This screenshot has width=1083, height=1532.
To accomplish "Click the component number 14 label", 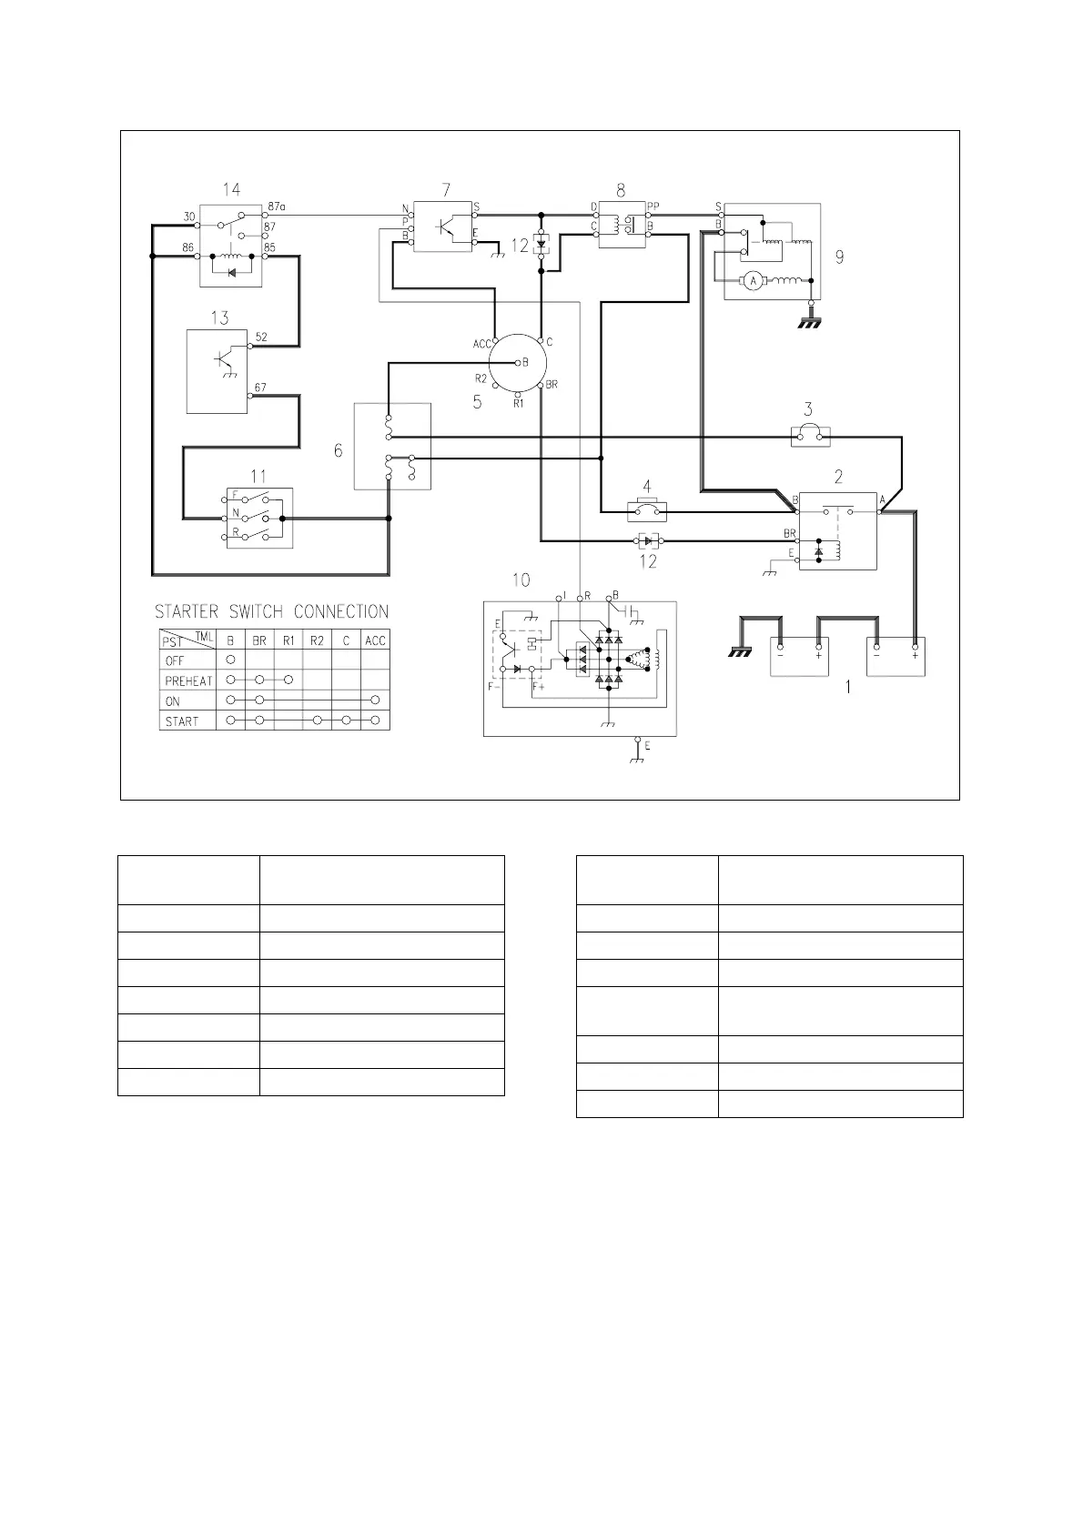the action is point(231,189).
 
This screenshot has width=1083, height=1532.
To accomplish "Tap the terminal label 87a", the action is point(277,206).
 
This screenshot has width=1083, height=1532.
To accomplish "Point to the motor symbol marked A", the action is point(754,280).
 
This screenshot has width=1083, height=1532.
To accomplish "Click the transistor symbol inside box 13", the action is point(225,359).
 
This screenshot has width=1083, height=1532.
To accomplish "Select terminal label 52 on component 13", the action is point(261,337).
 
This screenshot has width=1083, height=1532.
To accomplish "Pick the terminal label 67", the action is point(260,388).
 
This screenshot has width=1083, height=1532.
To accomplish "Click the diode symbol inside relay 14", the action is point(231,272).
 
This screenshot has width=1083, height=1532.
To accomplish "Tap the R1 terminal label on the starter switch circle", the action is point(519,404).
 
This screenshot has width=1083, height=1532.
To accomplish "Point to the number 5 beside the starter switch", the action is point(477,402).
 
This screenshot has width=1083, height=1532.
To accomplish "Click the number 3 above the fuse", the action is point(808,409).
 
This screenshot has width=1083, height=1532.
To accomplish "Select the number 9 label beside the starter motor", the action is point(839,257).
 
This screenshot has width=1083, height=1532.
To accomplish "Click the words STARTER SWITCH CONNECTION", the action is point(271,611).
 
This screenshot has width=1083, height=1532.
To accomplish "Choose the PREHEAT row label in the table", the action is point(188,681).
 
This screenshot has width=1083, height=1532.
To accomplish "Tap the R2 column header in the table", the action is point(317,640).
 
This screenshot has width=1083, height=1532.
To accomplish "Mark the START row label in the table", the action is point(181,721).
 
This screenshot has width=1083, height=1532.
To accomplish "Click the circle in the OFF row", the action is point(230,660).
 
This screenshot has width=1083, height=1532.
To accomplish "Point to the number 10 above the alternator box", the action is point(521,580).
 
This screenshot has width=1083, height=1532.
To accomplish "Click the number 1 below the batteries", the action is point(848,687).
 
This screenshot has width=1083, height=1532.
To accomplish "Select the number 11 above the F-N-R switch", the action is point(258,476).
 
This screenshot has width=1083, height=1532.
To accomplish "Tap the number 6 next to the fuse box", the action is point(338,450).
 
